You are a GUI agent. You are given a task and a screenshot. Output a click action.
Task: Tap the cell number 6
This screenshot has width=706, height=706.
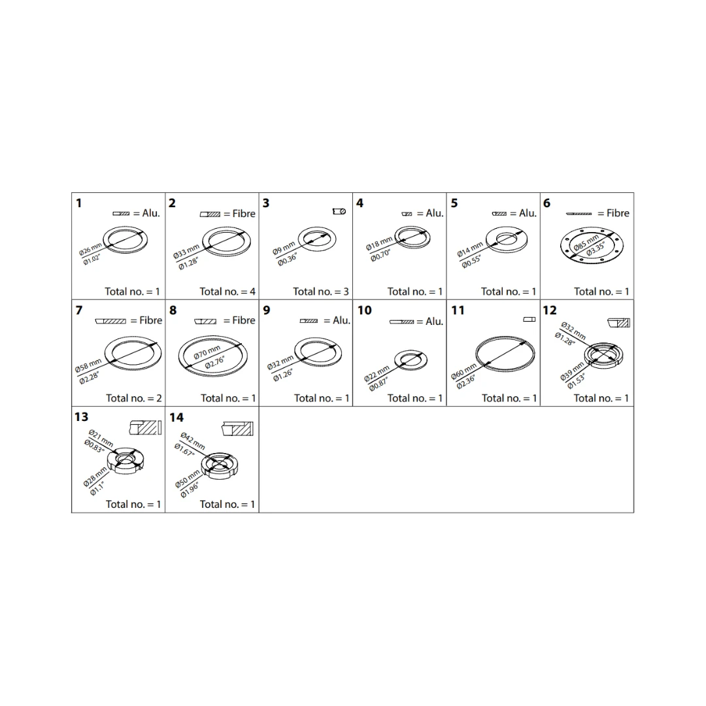pyautogui.click(x=546, y=203)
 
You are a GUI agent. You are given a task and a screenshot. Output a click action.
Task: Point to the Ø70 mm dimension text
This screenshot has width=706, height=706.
pyautogui.click(x=207, y=352)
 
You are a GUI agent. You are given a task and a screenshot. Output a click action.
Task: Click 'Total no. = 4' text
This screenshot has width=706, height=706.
pyautogui.click(x=227, y=292)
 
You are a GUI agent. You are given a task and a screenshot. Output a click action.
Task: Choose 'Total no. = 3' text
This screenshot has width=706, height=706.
pyautogui.click(x=320, y=292)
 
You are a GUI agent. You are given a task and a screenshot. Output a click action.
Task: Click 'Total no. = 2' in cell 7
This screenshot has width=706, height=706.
pyautogui.click(x=134, y=398)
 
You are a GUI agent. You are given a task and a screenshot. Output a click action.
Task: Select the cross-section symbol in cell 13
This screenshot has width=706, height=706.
pyautogui.click(x=145, y=428)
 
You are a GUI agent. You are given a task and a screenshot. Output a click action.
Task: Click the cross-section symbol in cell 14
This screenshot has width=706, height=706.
pyautogui.click(x=238, y=429)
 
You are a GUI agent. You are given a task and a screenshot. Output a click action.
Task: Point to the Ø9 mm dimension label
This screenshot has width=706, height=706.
pyautogui.click(x=284, y=248)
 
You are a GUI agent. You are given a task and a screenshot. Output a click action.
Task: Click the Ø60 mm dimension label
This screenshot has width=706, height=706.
pyautogui.click(x=463, y=371)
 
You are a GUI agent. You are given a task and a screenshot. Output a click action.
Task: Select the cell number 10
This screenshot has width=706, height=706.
pyautogui.click(x=365, y=311)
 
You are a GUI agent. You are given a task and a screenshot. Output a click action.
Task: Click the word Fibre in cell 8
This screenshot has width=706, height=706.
pyautogui.click(x=244, y=320)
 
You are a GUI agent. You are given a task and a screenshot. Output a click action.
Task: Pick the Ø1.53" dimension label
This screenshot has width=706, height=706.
pyautogui.click(x=576, y=381)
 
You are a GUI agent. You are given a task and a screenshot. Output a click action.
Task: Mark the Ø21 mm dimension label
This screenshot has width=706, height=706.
pyautogui.click(x=101, y=437)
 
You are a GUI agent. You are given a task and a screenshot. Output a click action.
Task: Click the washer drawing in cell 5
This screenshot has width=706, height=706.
pyautogui.click(x=506, y=239)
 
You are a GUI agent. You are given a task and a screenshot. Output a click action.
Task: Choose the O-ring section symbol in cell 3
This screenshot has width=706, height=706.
pyautogui.click(x=339, y=211)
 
